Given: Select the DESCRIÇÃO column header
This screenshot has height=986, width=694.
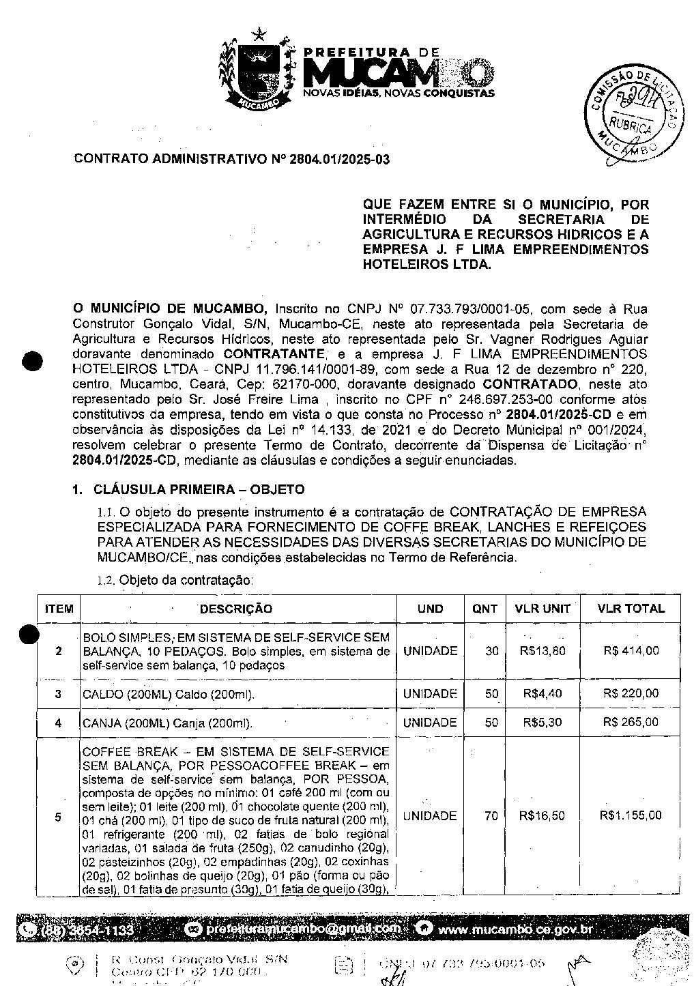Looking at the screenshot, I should coord(235,609).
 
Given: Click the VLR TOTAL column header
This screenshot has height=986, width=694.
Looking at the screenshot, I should coord(631,609).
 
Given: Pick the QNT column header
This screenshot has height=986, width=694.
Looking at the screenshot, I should coord(485,609).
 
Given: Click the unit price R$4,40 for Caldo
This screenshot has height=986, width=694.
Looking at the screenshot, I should coord(542,694).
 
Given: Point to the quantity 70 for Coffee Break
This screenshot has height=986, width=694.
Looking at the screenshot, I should coord(491,815).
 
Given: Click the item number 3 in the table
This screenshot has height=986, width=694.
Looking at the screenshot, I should coord(59,694).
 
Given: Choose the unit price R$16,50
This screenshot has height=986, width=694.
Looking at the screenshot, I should coord(542,815).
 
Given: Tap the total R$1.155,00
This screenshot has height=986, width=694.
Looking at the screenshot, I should coord(631,815).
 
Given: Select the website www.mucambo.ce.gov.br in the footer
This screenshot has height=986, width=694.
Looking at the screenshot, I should coord(515,929).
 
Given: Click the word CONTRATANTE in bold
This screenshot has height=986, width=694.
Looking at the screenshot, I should coord(273,354).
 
